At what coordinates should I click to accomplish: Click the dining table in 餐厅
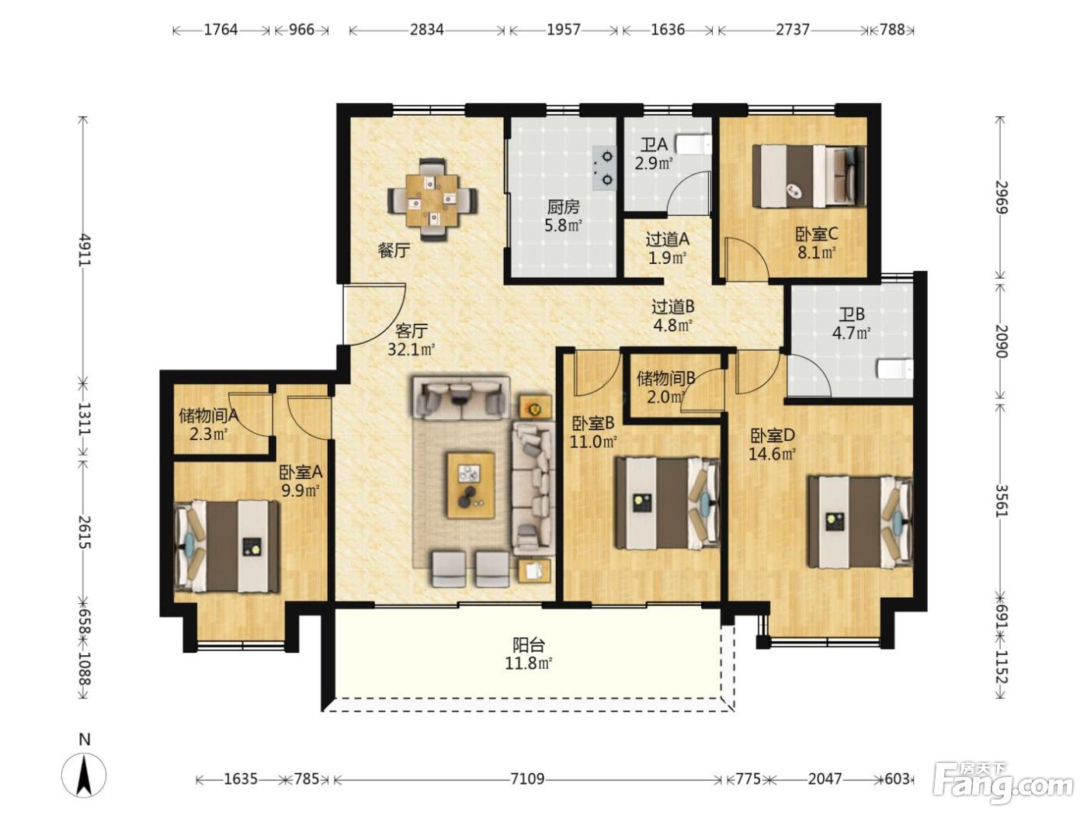click(x=432, y=199)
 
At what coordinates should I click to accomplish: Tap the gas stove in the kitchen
click(x=605, y=168)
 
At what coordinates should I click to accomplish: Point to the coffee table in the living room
click(x=471, y=485)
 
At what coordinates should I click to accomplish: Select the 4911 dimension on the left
click(x=85, y=251)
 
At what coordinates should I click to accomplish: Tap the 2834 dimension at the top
click(x=426, y=29)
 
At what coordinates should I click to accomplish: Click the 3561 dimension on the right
click(x=1001, y=501)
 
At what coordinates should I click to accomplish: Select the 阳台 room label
click(x=529, y=645)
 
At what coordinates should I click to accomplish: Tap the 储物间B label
click(x=666, y=379)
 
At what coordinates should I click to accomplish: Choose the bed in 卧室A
click(x=227, y=546)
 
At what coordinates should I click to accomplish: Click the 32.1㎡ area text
click(x=411, y=349)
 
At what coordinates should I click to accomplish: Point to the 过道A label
click(x=667, y=240)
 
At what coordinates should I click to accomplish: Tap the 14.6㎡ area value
click(x=772, y=453)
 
